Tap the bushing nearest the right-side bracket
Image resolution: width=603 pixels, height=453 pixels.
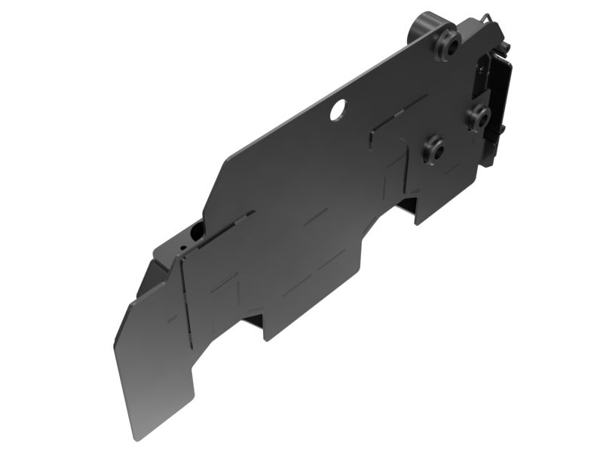(477, 117)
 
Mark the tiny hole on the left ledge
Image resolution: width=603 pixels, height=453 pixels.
(181, 245)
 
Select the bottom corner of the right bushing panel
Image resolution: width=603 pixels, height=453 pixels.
(416, 221)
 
